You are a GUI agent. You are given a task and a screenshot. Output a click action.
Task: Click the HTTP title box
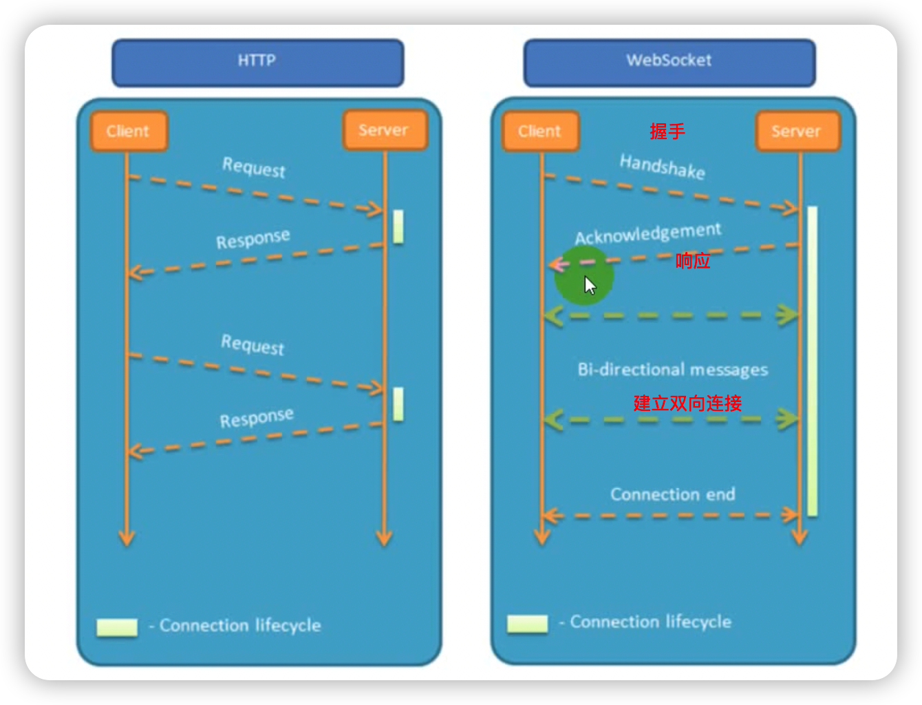(257, 62)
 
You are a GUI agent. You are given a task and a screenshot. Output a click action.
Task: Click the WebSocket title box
(669, 62)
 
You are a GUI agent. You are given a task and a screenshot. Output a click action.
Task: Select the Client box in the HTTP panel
(128, 131)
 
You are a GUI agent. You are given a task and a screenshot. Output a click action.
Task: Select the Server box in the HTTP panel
(384, 130)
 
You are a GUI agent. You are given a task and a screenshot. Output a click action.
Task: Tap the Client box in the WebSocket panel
(540, 131)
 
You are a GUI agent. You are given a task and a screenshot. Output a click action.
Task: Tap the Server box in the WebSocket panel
(797, 131)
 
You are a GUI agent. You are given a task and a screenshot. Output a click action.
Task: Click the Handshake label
(662, 167)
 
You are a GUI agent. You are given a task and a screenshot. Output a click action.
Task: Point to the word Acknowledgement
(648, 234)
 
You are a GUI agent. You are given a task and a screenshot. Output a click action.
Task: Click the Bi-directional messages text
(672, 370)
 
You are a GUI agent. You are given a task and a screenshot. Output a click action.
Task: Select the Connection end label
(672, 494)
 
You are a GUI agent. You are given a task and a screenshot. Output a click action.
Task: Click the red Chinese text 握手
(667, 131)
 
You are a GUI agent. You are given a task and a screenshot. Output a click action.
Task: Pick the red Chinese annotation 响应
(692, 261)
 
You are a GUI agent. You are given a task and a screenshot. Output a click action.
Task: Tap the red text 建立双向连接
(687, 403)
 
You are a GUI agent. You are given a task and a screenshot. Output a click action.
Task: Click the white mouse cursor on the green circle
(590, 285)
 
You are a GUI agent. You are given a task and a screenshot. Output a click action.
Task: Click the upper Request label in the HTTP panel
(253, 167)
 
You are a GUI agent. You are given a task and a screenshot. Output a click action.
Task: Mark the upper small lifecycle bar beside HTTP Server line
(398, 227)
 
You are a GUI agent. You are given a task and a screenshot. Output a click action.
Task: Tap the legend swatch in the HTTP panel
(117, 627)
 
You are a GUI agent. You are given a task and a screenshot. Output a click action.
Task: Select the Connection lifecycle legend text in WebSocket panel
(650, 622)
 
